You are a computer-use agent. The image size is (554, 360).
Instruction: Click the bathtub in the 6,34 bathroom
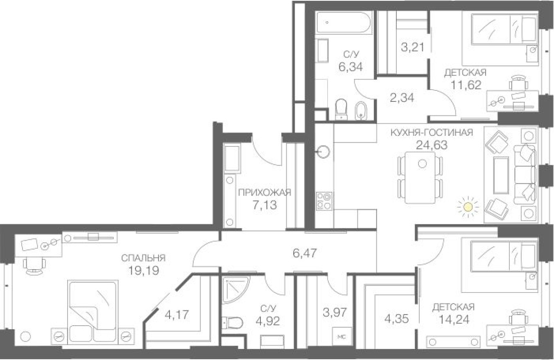(x=344, y=20)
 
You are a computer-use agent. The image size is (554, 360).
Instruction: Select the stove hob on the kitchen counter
(x=324, y=200)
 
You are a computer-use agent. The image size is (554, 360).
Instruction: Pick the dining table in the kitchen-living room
(x=420, y=177)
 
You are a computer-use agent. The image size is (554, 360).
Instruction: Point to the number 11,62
(x=465, y=85)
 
